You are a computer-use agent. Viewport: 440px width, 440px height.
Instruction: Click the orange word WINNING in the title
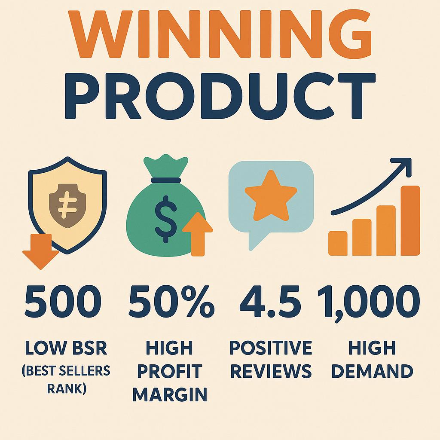220,34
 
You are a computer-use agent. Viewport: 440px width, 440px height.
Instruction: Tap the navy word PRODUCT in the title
220,96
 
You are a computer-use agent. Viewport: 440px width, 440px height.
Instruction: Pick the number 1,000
369,302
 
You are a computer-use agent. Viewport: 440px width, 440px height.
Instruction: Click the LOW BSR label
66,348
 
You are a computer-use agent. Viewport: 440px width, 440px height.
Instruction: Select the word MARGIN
170,394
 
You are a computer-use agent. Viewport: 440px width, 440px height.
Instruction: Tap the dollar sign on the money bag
165,219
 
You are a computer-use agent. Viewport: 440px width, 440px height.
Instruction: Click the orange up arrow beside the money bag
198,234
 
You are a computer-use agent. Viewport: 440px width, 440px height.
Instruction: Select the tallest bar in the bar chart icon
410,220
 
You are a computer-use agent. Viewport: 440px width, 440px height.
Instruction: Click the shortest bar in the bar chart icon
338,243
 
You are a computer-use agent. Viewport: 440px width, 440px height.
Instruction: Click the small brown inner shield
67,205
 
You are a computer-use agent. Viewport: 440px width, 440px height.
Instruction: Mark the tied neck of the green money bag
165,180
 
